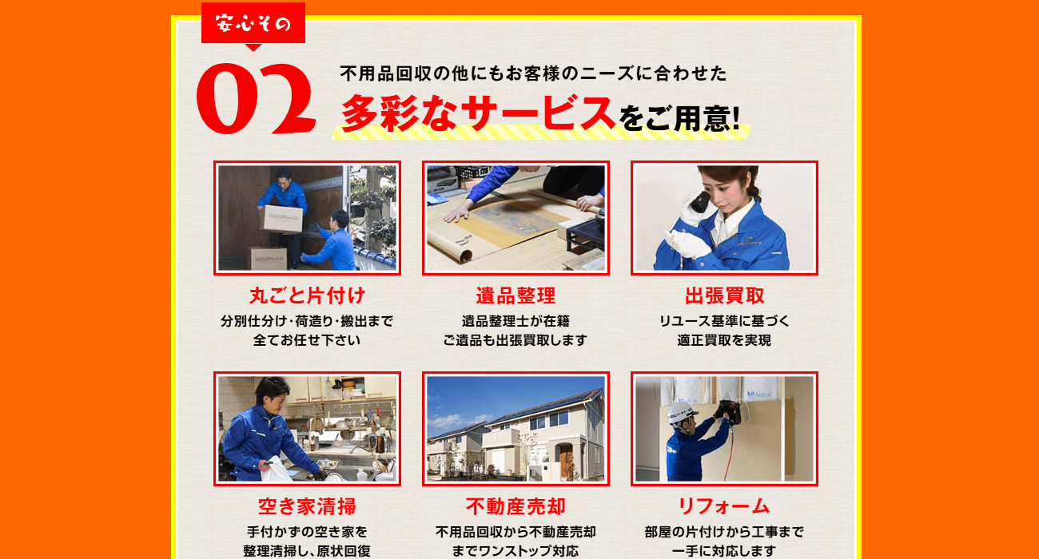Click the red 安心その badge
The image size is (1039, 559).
(x=253, y=23)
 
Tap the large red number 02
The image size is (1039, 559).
(x=256, y=98)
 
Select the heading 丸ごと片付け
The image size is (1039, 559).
(x=307, y=295)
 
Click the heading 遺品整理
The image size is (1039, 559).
(x=516, y=295)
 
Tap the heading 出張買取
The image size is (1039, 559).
(x=724, y=295)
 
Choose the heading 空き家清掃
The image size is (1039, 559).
(x=307, y=506)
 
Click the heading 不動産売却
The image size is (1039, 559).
(x=516, y=506)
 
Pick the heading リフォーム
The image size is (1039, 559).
(x=724, y=506)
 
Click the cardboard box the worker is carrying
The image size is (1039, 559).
(x=283, y=220)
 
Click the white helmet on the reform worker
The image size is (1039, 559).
(x=681, y=412)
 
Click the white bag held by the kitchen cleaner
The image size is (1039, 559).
(x=278, y=469)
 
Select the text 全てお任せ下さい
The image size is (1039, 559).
(x=307, y=340)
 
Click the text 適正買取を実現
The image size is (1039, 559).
(x=724, y=340)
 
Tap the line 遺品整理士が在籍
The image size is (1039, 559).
(x=516, y=321)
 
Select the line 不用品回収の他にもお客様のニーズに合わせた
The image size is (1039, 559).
(x=533, y=73)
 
